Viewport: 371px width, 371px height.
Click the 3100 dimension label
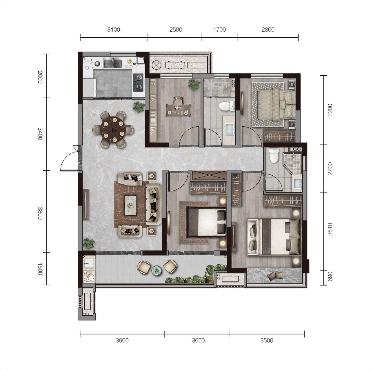point(114,30)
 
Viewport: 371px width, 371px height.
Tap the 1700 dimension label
point(219,30)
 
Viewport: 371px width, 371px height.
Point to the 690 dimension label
point(330,277)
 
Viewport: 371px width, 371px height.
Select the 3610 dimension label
point(330,229)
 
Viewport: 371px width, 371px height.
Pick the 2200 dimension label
point(330,168)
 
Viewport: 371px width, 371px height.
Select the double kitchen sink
point(113,63)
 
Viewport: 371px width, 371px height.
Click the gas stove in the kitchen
point(139,82)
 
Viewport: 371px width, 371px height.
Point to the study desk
point(179,110)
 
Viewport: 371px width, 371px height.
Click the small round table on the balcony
point(157,270)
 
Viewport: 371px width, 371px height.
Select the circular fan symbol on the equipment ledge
point(156,65)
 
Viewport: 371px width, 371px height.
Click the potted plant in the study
point(194,85)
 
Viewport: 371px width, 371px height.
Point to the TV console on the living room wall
point(86,205)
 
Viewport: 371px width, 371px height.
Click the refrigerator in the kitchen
point(89,88)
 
